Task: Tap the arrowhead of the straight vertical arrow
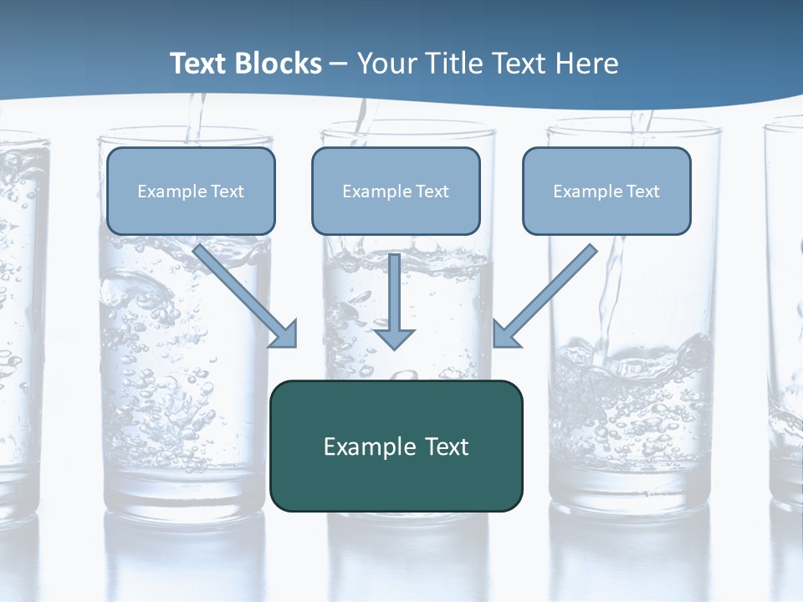click(x=394, y=338)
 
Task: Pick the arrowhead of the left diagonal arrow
click(x=286, y=334)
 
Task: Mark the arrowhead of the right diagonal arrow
click(x=504, y=334)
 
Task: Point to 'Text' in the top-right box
click(x=643, y=191)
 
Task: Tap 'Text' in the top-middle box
click(x=432, y=191)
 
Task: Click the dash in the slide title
click(x=339, y=64)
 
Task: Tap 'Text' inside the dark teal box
click(x=447, y=446)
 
